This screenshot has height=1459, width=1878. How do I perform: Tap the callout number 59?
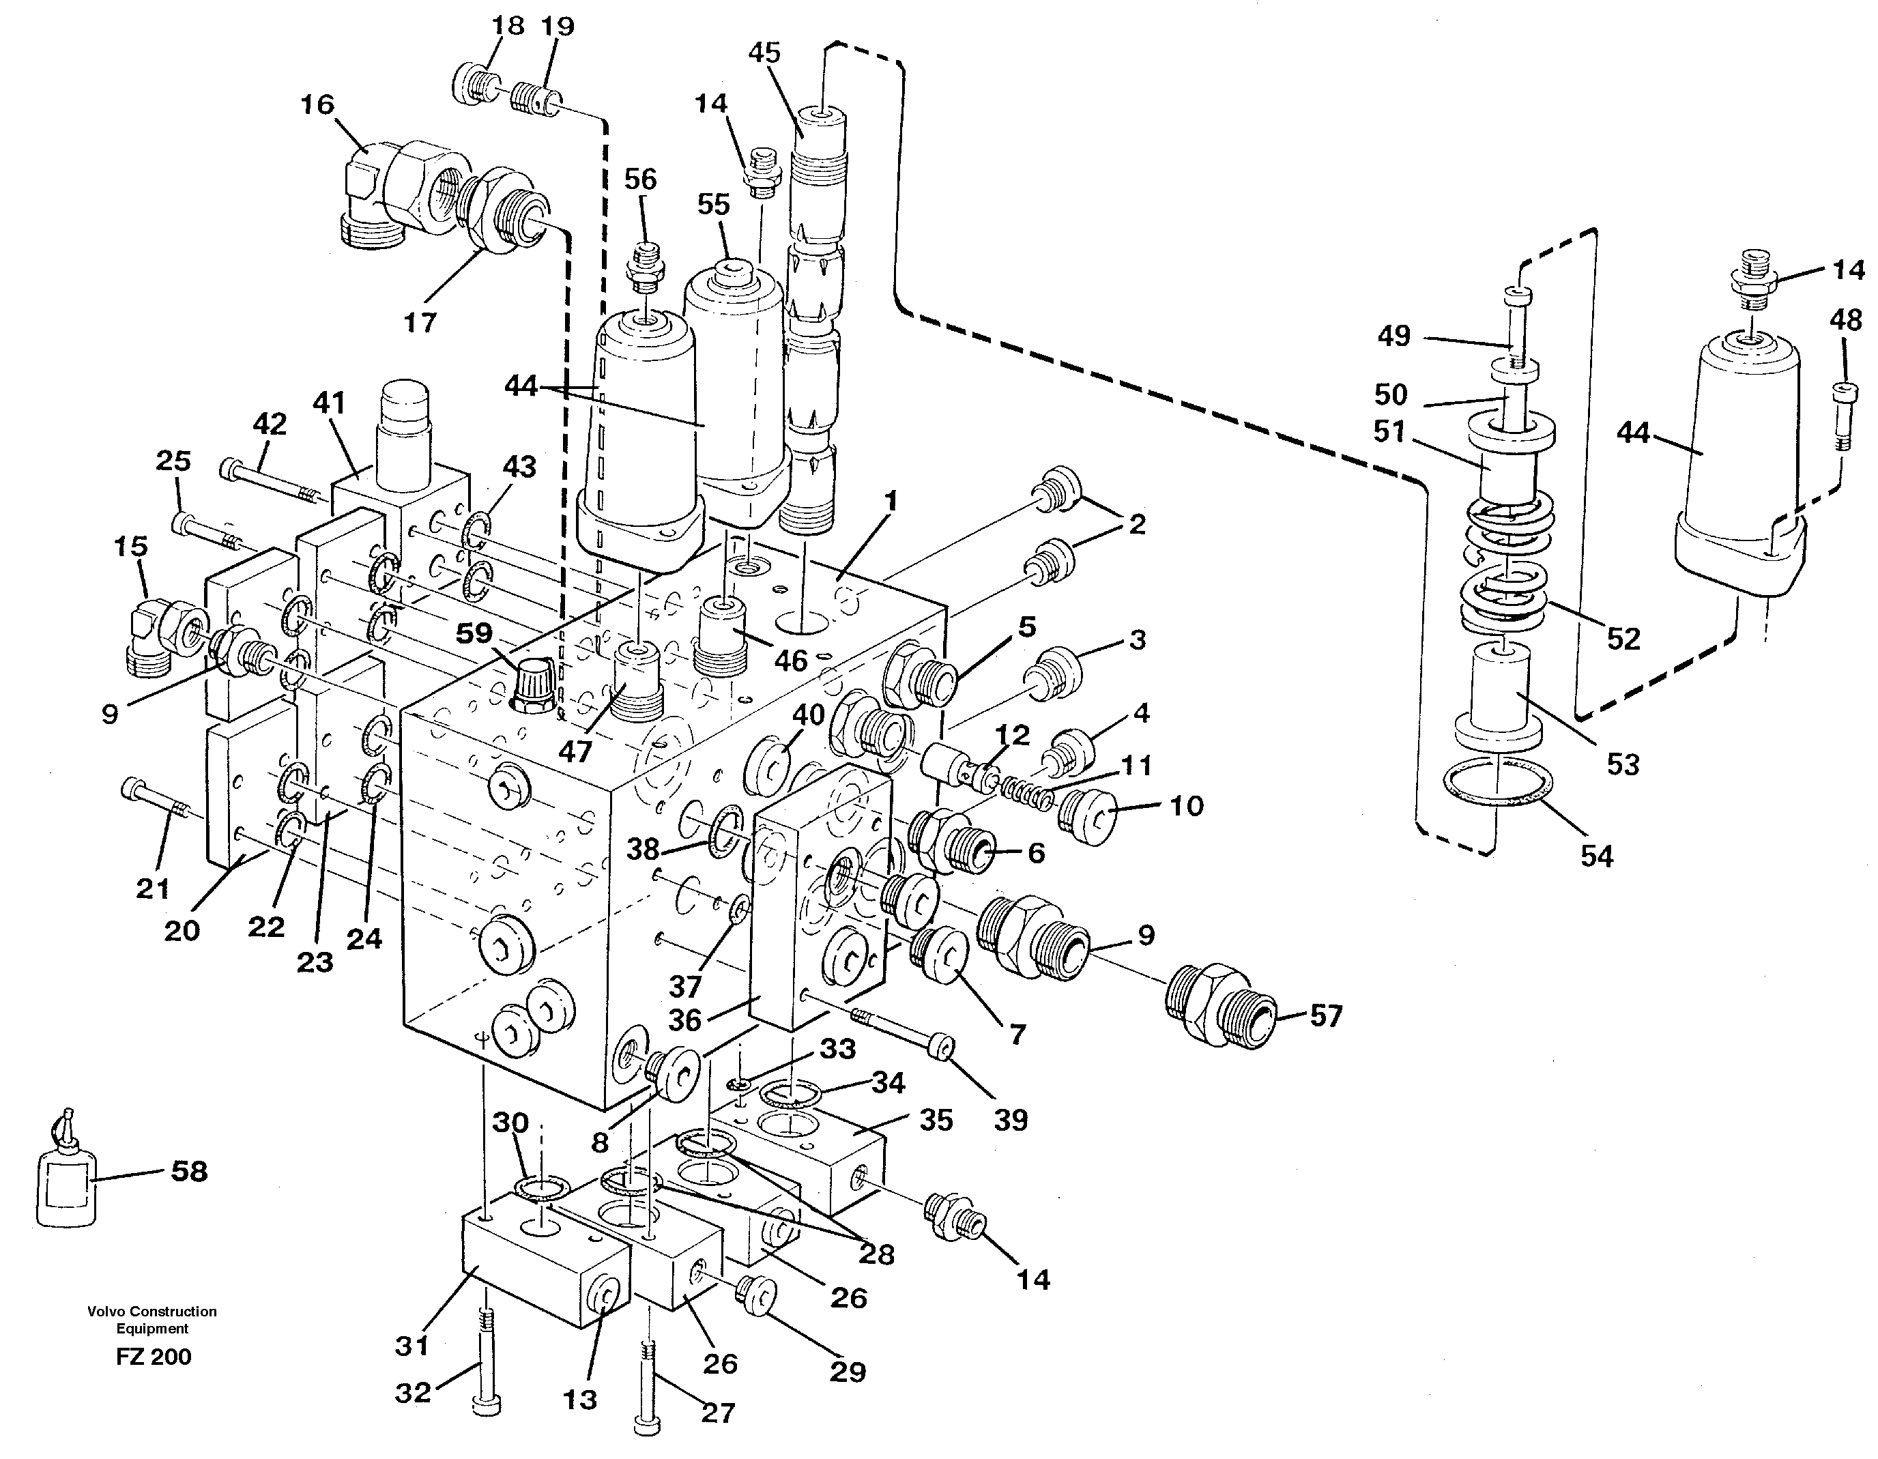tap(474, 634)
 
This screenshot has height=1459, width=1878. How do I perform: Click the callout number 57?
tap(1325, 1016)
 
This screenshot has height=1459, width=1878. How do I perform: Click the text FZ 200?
tap(153, 1357)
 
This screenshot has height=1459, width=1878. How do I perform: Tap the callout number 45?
tap(764, 53)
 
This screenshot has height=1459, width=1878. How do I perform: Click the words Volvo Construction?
tap(151, 1311)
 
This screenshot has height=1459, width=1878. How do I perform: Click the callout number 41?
tap(328, 403)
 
